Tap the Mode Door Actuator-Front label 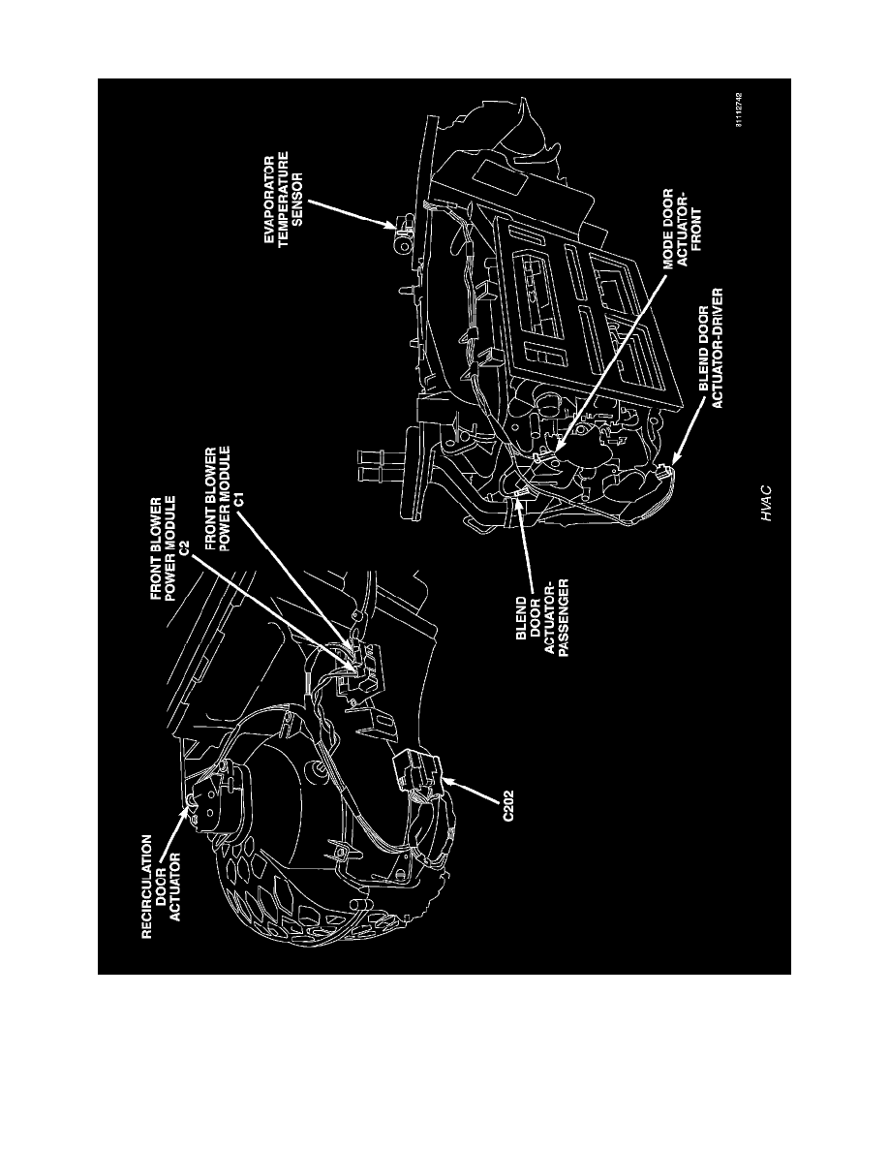(683, 229)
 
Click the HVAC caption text (767, 504)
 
